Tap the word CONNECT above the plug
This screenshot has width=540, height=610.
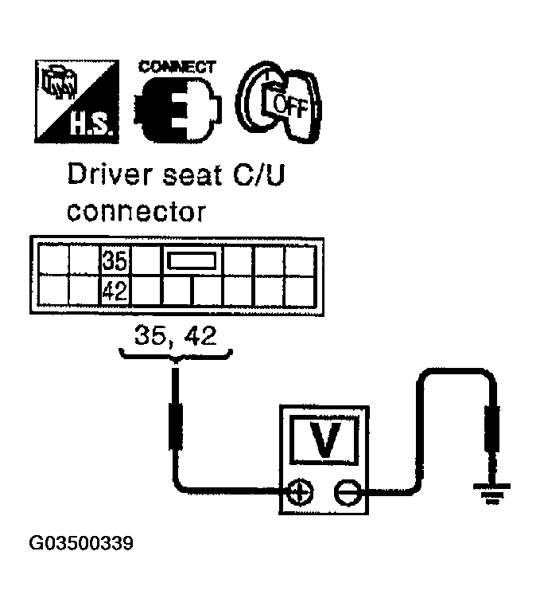[x=177, y=67]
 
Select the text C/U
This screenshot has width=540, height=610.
[x=258, y=176]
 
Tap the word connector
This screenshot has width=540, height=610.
[x=136, y=212]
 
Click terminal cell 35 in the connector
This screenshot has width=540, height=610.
[x=115, y=260]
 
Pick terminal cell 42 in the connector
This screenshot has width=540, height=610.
[x=115, y=290]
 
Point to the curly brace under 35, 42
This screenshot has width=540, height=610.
[x=175, y=354]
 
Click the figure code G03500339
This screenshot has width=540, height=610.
[x=82, y=544]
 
